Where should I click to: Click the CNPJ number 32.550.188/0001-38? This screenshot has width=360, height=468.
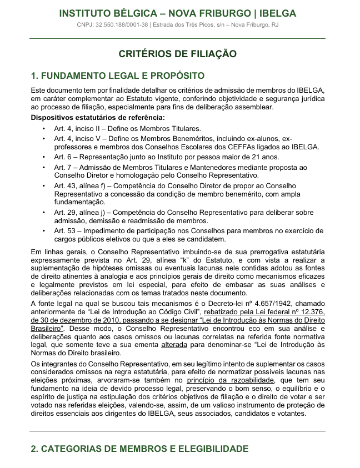pyautogui.click(x=122, y=24)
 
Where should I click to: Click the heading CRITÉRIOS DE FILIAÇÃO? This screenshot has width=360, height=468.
pyautogui.click(x=177, y=54)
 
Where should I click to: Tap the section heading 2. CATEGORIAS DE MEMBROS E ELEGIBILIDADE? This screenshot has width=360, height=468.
pyautogui.click(x=139, y=449)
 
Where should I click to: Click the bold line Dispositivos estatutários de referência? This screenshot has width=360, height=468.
pyautogui.click(x=98, y=118)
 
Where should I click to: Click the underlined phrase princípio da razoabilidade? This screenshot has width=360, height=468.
pyautogui.click(x=230, y=380)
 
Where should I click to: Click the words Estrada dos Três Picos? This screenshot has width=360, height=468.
pyautogui.click(x=193, y=24)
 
